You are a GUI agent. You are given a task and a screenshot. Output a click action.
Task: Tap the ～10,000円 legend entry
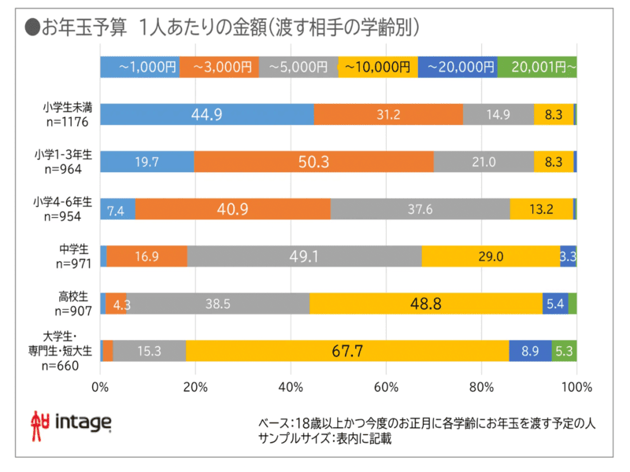pyautogui.click(x=378, y=68)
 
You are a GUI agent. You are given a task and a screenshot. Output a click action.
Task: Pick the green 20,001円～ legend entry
pyautogui.click(x=538, y=68)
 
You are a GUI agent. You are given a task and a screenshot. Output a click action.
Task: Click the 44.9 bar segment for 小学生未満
pyautogui.click(x=207, y=115)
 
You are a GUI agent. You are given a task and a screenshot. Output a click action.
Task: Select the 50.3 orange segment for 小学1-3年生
pyautogui.click(x=313, y=162)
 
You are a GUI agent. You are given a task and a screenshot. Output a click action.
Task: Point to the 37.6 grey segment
pyautogui.click(x=420, y=209)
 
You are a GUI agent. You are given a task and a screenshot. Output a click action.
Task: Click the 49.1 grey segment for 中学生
pyautogui.click(x=304, y=256)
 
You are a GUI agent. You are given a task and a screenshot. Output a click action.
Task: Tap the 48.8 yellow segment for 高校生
pyautogui.click(x=426, y=304)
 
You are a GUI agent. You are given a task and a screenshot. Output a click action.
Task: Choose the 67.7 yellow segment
pyautogui.click(x=347, y=351)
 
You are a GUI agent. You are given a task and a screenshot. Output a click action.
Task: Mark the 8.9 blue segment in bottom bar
pyautogui.click(x=530, y=351)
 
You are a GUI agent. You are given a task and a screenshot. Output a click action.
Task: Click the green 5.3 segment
pyautogui.click(x=564, y=351)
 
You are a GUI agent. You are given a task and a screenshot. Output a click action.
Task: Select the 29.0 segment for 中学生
pyautogui.click(x=491, y=256)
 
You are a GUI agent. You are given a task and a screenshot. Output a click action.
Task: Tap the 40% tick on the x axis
pyautogui.click(x=291, y=387)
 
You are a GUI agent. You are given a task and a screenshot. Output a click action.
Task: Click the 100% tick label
pyautogui.click(x=576, y=387)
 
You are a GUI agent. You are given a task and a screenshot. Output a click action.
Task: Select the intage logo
pyautogui.click(x=71, y=422)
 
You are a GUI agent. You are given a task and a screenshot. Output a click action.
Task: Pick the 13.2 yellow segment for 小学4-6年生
pyautogui.click(x=541, y=209)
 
